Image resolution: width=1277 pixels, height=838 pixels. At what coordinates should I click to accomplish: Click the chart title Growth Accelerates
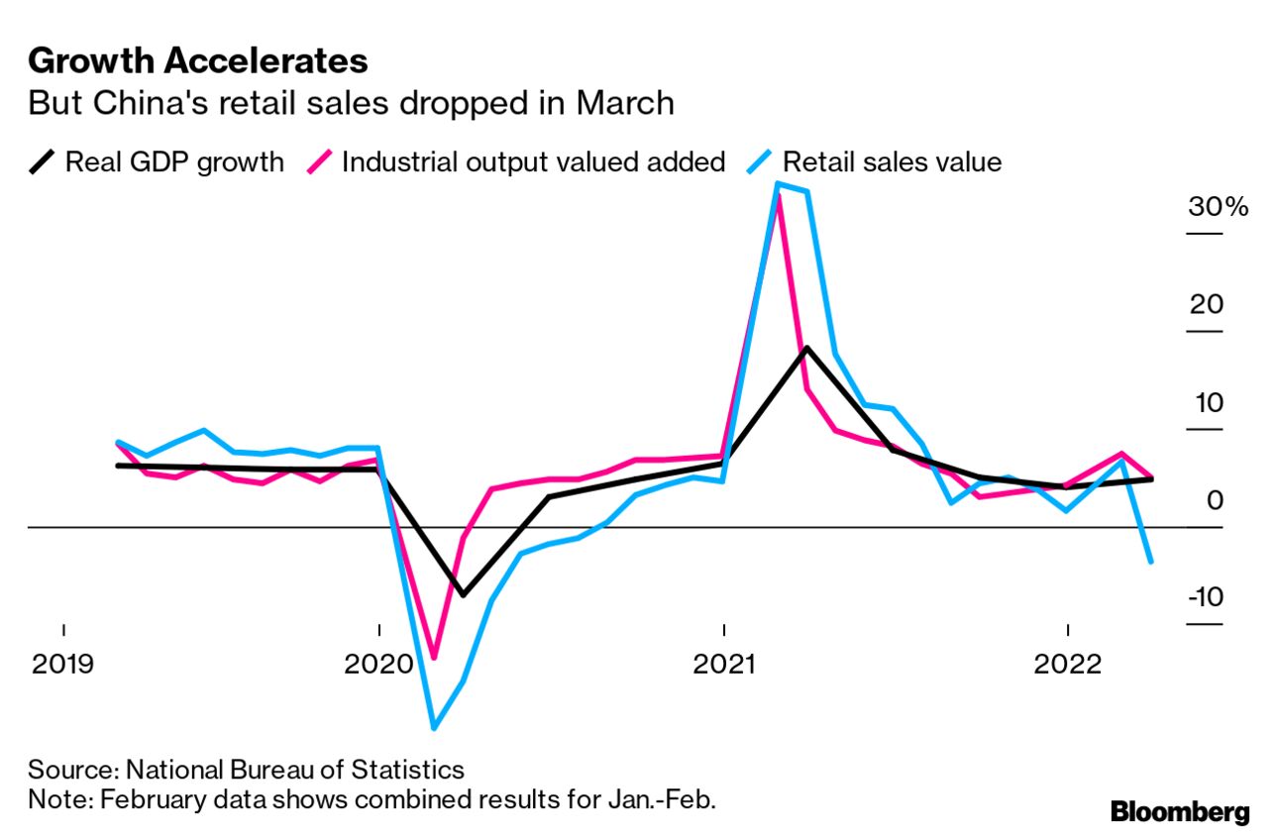[x=198, y=61]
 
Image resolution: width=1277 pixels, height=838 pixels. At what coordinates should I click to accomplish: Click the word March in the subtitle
[x=626, y=103]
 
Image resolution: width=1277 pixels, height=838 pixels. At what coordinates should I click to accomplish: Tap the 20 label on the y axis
[x=1207, y=305]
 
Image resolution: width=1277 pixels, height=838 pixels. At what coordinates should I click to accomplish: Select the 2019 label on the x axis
[x=63, y=664]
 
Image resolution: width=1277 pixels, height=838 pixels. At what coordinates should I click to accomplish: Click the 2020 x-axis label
[x=378, y=664]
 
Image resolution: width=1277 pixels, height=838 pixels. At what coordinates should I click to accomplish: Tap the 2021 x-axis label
[x=724, y=664]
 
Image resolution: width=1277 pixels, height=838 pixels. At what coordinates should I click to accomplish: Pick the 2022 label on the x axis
[x=1068, y=664]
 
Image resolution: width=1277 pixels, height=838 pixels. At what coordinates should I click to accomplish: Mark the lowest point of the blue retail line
[x=434, y=728]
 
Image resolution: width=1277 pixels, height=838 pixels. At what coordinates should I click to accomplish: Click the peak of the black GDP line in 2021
[x=807, y=348]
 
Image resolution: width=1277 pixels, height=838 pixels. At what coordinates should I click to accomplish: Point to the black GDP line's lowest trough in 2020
[x=463, y=594]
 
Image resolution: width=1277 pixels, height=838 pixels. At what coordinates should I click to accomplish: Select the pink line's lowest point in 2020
[x=434, y=657]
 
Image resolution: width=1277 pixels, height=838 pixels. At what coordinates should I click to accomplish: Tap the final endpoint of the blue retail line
[x=1150, y=562]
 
